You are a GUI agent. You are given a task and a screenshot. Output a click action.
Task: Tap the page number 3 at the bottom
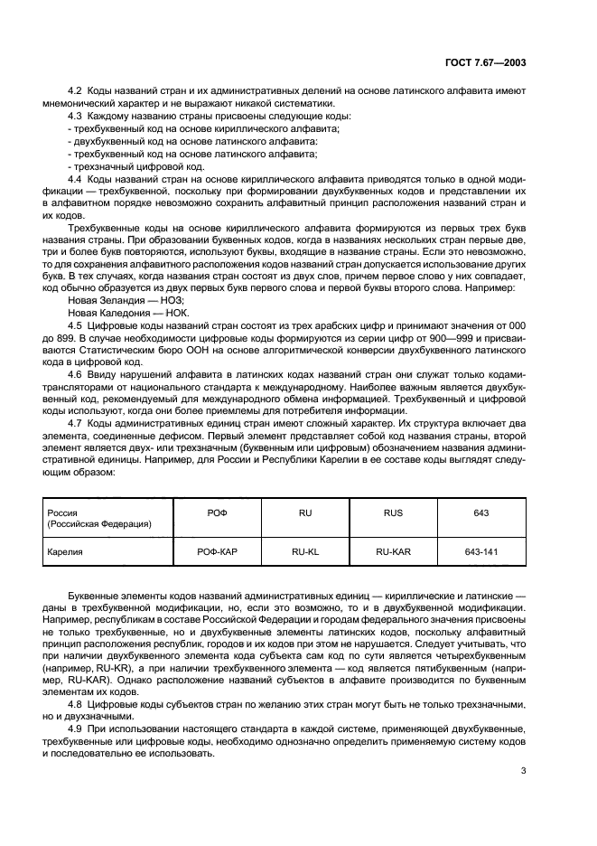coord(524,770)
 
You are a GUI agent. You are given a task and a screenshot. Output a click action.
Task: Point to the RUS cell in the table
coord(393,512)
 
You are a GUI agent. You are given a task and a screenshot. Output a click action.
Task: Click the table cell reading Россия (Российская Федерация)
coord(98,518)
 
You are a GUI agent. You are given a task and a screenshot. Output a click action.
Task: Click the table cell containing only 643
coord(481,512)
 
